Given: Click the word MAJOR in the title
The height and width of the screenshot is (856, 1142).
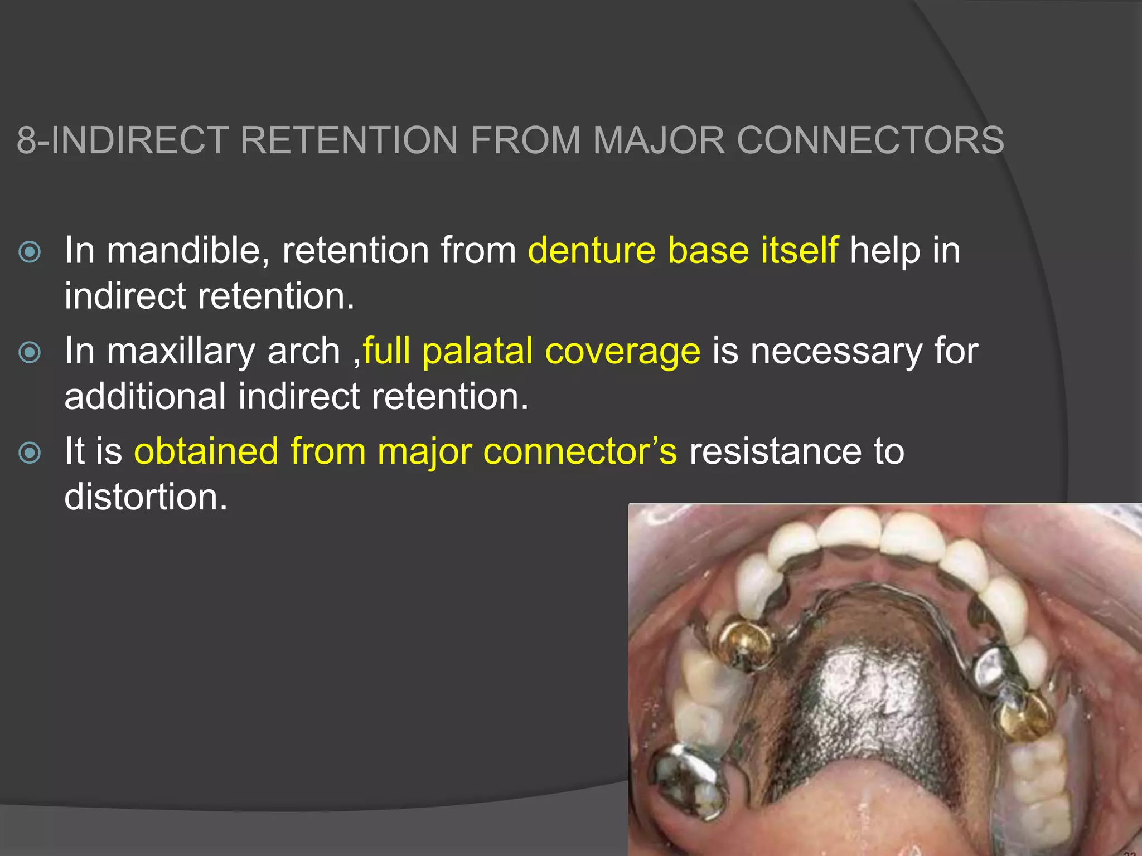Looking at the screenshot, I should pos(658,139).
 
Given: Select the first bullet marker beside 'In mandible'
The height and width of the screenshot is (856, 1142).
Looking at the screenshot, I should pos(30,252).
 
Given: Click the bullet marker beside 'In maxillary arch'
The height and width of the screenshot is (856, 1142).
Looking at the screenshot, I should pos(30,352).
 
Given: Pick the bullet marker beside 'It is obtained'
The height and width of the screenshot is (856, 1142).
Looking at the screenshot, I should pos(30,453).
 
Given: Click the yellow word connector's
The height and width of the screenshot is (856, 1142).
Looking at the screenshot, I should pos(580,451).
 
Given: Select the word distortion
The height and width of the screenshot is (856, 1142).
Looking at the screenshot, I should pos(146,497).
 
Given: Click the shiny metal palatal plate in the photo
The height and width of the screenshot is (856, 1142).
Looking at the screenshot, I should pos(870,702).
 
